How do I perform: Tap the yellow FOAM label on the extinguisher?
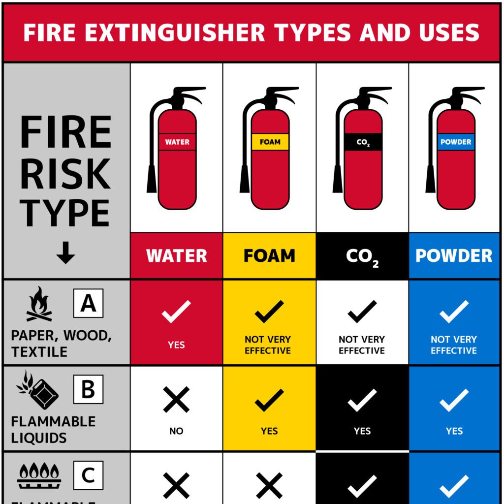(270, 142)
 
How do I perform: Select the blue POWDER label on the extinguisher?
(456, 142)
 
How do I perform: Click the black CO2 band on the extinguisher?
(363, 142)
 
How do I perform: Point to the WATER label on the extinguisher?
(177, 142)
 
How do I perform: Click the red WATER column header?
(177, 256)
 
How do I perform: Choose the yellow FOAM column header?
(269, 256)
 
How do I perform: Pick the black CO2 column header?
(362, 256)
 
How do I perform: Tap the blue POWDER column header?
(454, 256)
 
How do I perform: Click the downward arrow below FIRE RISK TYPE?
(65, 252)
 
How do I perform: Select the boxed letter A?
(88, 303)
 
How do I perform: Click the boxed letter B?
(88, 389)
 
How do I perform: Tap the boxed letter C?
(88, 475)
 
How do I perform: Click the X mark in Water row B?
(176, 399)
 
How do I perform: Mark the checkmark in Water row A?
(176, 312)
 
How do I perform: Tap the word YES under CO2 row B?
(362, 431)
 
